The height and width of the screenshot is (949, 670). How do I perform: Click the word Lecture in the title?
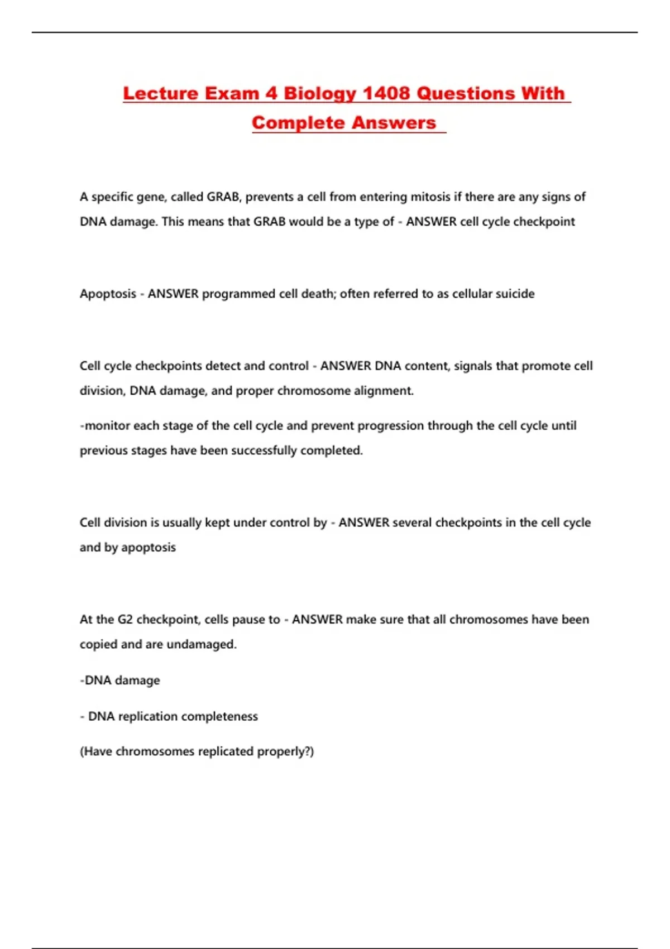tap(160, 93)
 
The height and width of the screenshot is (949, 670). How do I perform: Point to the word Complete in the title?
tap(297, 123)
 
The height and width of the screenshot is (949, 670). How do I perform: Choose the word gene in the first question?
tap(152, 197)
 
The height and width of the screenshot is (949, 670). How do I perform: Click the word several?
tap(412, 523)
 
